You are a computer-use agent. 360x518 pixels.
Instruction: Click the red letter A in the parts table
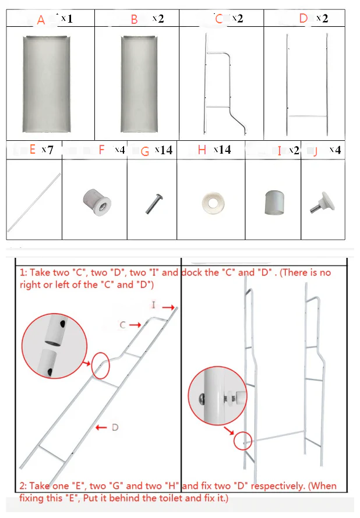(41, 20)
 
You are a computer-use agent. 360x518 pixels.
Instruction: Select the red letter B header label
(134, 19)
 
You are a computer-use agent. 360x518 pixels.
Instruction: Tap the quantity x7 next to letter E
(47, 150)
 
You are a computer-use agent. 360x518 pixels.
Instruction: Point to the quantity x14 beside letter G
(164, 150)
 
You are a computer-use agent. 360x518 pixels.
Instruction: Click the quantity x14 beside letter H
(222, 150)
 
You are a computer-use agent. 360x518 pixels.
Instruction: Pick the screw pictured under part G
(154, 204)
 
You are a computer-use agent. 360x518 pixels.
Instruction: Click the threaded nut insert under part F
(97, 202)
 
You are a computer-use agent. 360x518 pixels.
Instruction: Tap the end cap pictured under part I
(274, 202)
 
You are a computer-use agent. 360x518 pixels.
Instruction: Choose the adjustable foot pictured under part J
(322, 202)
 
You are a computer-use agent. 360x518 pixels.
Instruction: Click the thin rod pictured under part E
(34, 202)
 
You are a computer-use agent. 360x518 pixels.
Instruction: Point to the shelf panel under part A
(47, 84)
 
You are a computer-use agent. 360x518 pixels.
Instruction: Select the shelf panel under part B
(139, 84)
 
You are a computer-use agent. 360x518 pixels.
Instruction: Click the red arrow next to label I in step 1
(168, 307)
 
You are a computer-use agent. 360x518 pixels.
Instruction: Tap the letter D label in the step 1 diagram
(115, 427)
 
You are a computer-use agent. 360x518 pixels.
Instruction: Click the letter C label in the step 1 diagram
(123, 325)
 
